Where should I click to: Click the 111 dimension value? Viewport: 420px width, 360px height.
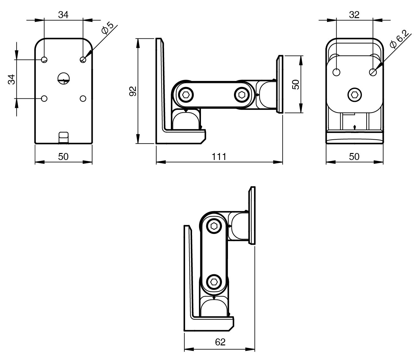219,157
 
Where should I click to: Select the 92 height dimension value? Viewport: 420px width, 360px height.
133,91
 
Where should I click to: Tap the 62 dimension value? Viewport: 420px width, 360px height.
220,342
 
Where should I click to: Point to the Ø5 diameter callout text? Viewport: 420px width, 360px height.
108,28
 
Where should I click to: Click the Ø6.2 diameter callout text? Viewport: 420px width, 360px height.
399,39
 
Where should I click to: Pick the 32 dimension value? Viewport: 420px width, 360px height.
354,15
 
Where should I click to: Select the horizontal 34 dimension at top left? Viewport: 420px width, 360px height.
63,15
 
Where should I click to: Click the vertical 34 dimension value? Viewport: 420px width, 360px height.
11,79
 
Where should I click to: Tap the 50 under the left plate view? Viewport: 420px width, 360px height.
63,157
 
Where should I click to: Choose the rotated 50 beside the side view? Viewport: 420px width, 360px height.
296,84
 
